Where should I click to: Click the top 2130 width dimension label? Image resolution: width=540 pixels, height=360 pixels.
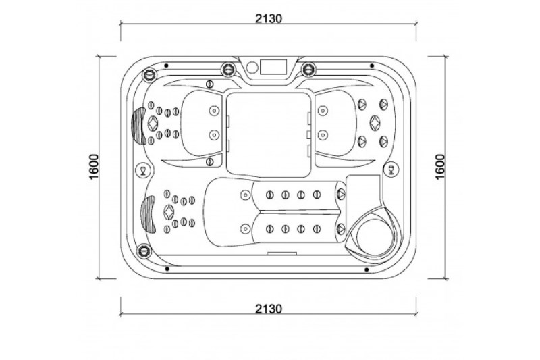click(268, 18)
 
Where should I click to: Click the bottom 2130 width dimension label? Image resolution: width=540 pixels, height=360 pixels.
click(268, 308)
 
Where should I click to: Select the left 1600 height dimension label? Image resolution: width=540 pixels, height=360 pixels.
click(94, 167)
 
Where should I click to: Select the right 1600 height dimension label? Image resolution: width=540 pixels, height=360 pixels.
click(440, 167)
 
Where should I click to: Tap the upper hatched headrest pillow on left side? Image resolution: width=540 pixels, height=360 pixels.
click(139, 126)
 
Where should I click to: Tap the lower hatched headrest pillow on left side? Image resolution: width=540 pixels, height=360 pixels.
click(148, 214)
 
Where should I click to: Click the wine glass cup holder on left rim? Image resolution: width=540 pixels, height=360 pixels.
click(142, 170)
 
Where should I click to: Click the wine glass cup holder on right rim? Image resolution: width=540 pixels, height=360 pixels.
click(391, 170)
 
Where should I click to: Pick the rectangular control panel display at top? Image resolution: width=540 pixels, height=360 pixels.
click(273, 67)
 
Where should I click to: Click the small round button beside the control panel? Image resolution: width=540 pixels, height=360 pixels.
click(252, 67)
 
